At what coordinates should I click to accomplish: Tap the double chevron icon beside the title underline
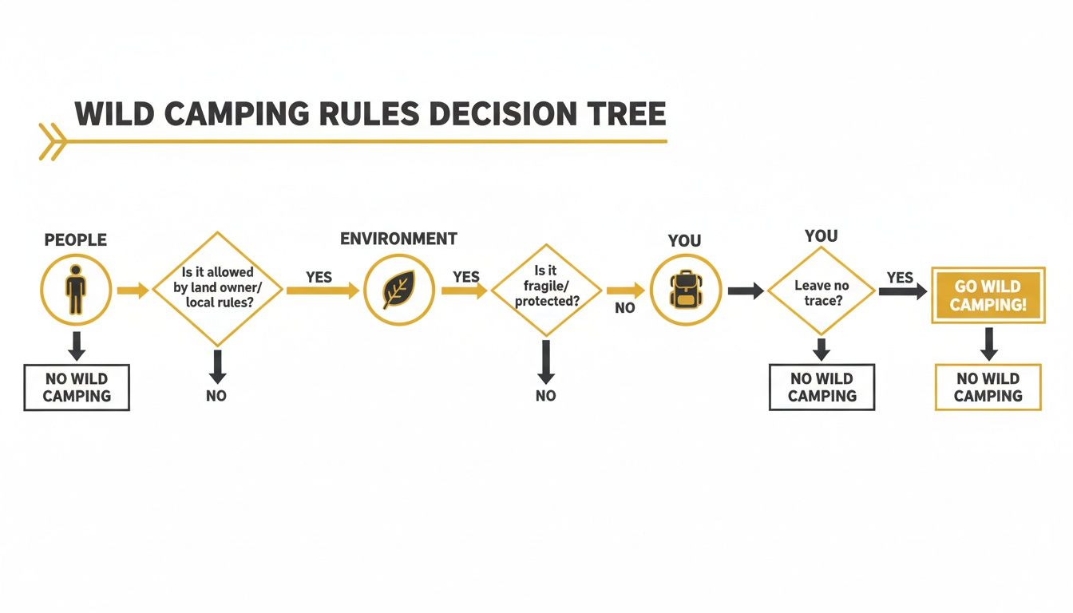pyautogui.click(x=52, y=142)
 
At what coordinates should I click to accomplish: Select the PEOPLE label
pyautogui.click(x=76, y=240)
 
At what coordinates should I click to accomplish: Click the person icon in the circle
pyautogui.click(x=76, y=289)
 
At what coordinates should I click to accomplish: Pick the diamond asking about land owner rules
pyautogui.click(x=217, y=289)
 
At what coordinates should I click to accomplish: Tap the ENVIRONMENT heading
pyautogui.click(x=398, y=239)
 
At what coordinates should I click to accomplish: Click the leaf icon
pyautogui.click(x=398, y=290)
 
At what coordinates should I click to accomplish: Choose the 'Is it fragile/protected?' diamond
pyautogui.click(x=546, y=289)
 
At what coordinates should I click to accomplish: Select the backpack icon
pyautogui.click(x=685, y=290)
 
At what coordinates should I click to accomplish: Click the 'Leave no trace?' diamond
pyautogui.click(x=822, y=291)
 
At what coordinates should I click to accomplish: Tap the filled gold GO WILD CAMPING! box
pyautogui.click(x=988, y=295)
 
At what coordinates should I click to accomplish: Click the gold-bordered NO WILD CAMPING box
pyautogui.click(x=988, y=387)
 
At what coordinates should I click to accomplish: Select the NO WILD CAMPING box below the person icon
pyautogui.click(x=77, y=387)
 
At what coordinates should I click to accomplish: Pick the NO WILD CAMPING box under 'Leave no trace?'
pyautogui.click(x=822, y=387)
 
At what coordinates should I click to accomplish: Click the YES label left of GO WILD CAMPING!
pyautogui.click(x=900, y=277)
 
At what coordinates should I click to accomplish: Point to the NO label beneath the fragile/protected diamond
pyautogui.click(x=546, y=396)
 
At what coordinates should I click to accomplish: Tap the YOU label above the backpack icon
pyautogui.click(x=684, y=241)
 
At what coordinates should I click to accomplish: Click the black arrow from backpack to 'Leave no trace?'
pyautogui.click(x=746, y=291)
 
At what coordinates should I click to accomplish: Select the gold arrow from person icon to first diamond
pyautogui.click(x=133, y=290)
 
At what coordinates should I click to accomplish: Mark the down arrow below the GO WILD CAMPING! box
pyautogui.click(x=988, y=343)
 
